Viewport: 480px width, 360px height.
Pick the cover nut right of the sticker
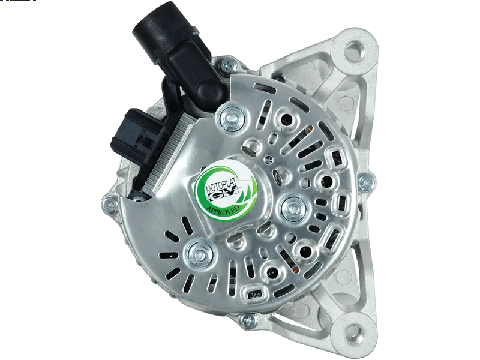pos(293,207)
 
